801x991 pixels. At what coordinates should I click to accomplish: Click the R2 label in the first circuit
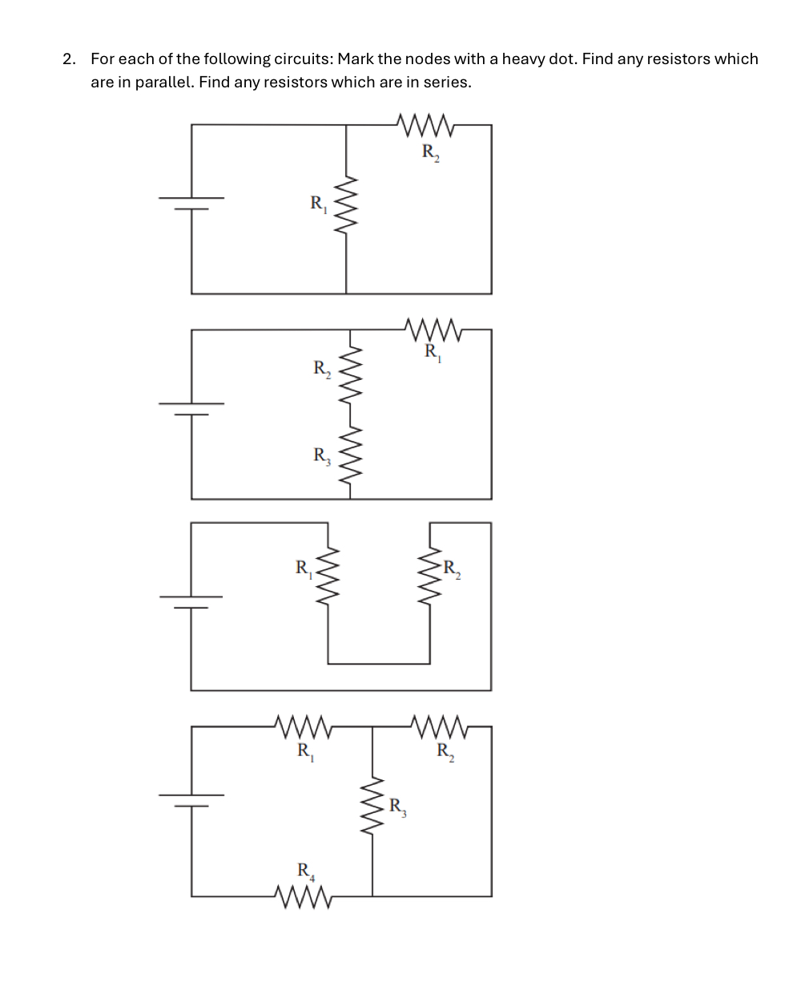[x=430, y=152]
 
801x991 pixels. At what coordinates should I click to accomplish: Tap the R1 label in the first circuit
[x=318, y=204]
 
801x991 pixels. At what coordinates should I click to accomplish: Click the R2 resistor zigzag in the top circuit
[x=425, y=125]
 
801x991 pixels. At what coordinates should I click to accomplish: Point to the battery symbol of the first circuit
[x=191, y=204]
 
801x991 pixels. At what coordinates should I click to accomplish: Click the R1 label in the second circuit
[x=433, y=351]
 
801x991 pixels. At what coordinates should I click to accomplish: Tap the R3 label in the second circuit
[x=321, y=456]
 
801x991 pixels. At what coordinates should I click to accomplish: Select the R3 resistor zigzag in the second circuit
[x=350, y=455]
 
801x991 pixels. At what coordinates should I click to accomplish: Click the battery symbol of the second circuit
[x=191, y=409]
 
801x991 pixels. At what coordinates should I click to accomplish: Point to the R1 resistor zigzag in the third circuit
[x=328, y=578]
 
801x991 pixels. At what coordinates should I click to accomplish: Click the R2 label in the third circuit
[x=452, y=569]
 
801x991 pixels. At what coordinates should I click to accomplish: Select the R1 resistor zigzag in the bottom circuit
[x=303, y=726]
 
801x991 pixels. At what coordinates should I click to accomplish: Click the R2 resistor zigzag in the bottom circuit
[x=440, y=726]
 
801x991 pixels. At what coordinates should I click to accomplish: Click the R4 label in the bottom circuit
[x=305, y=871]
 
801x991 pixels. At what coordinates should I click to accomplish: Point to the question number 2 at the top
[x=69, y=59]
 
